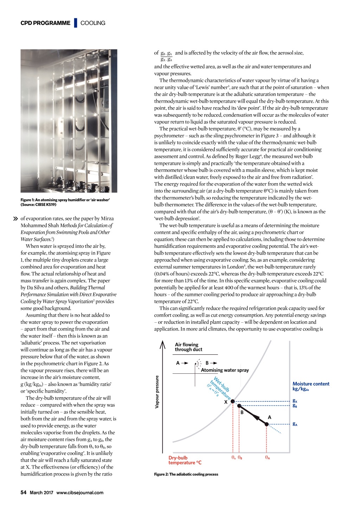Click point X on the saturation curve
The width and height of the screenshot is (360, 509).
(x=232, y=401)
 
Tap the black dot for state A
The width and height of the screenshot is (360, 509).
(x=266, y=424)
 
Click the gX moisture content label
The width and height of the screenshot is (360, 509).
(x=295, y=401)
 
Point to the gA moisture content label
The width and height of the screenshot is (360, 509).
(x=295, y=424)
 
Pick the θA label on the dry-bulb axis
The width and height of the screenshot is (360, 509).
(x=268, y=457)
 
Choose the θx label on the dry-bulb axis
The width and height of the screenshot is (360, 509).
(x=233, y=457)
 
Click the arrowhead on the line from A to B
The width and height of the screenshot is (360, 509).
(x=256, y=418)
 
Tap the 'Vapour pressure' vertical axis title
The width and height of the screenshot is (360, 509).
(x=157, y=392)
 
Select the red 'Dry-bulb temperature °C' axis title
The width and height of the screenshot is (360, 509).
(x=185, y=460)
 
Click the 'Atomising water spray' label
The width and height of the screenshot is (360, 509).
(x=225, y=370)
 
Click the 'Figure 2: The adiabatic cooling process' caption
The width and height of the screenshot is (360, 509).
(x=186, y=474)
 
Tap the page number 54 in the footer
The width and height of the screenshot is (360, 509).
(x=24, y=492)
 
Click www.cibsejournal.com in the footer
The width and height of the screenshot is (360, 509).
(x=80, y=492)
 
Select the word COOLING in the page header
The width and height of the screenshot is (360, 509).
(x=93, y=23)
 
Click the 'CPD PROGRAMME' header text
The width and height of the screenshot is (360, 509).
(x=45, y=23)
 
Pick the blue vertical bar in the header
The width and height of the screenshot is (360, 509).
(x=75, y=23)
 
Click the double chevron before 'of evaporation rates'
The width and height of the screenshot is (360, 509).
(x=15, y=219)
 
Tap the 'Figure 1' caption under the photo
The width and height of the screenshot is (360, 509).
(x=65, y=202)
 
